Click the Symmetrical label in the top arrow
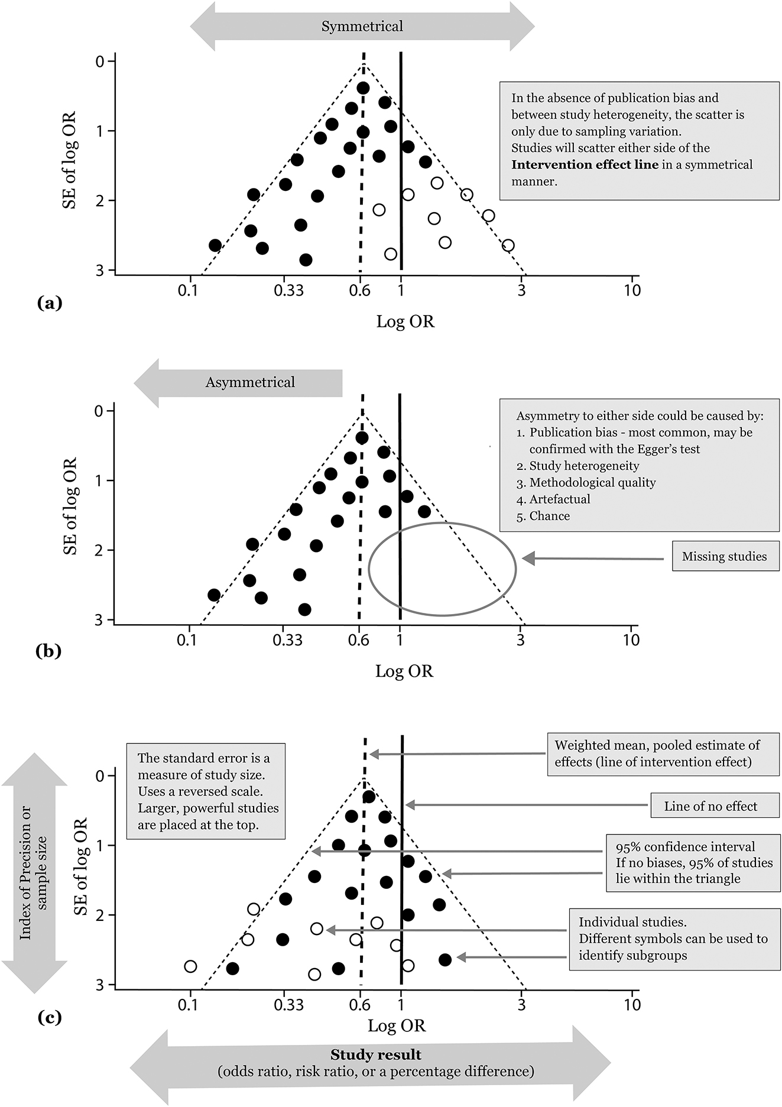pyautogui.click(x=362, y=27)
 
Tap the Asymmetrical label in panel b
pyautogui.click(x=250, y=382)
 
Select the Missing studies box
pyautogui.click(x=724, y=557)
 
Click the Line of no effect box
pyautogui.click(x=710, y=807)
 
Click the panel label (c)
pyautogui.click(x=49, y=1018)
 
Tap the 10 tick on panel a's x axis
pyautogui.click(x=632, y=290)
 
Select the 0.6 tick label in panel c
pyautogui.click(x=359, y=1005)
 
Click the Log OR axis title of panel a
pyautogui.click(x=405, y=322)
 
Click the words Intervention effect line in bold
pyautogui.click(x=584, y=165)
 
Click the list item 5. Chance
pyautogui.click(x=543, y=516)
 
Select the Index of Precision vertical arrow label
pyautogui.click(x=33, y=872)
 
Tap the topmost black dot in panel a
pyautogui.click(x=363, y=88)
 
